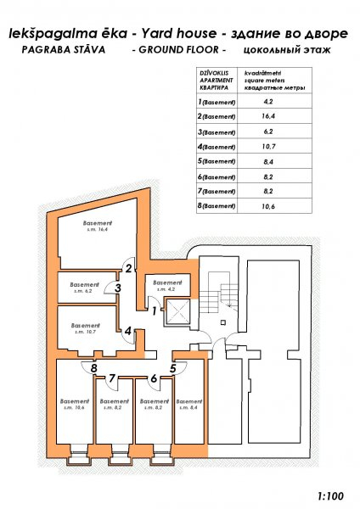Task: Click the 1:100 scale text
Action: click(330, 496)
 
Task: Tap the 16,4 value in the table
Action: click(268, 116)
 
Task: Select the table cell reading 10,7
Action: click(268, 147)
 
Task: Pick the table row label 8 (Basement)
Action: click(216, 206)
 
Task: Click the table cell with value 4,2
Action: click(268, 101)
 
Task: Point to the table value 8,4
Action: click(268, 162)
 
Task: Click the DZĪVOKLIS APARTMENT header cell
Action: click(217, 81)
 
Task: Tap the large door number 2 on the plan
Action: click(129, 268)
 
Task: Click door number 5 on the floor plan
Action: click(172, 368)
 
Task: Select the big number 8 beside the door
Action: click(94, 368)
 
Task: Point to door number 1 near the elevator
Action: click(155, 311)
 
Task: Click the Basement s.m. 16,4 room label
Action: click(98, 226)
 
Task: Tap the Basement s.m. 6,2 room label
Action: click(84, 288)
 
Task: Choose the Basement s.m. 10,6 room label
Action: click(75, 404)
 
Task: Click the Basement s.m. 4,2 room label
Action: click(167, 286)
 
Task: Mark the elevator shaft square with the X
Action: click(177, 312)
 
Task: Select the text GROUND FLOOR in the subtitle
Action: click(178, 50)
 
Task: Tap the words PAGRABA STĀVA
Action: click(64, 50)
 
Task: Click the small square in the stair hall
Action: click(223, 322)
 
